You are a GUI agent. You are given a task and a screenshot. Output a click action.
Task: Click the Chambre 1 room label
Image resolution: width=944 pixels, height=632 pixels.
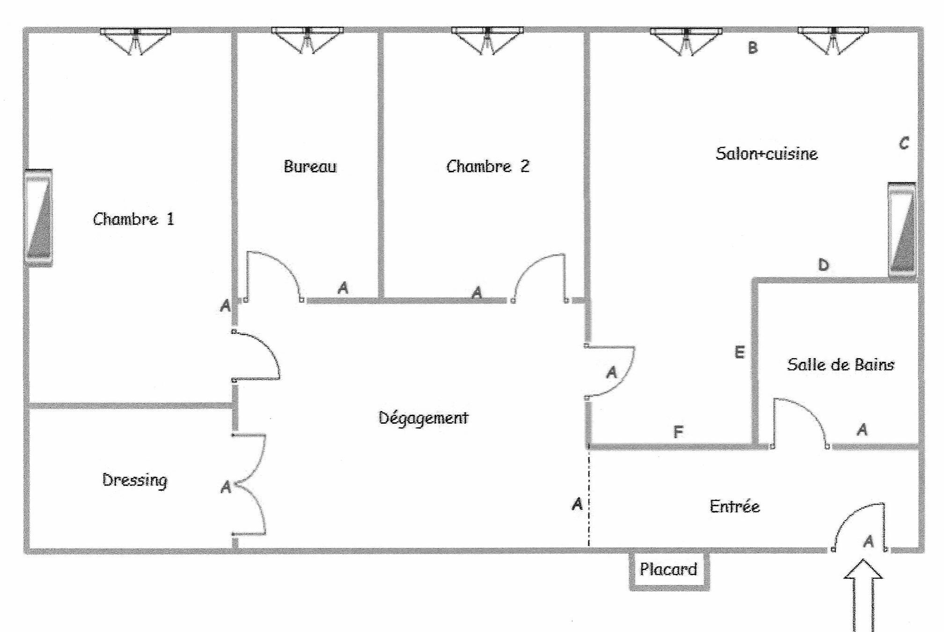[x=133, y=219]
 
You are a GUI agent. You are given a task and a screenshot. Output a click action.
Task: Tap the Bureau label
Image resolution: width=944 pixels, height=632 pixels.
[x=310, y=167]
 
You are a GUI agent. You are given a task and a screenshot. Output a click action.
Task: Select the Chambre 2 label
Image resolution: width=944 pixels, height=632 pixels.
[x=488, y=167]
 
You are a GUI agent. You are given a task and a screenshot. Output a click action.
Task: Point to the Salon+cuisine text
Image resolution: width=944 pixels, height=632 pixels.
[x=767, y=154]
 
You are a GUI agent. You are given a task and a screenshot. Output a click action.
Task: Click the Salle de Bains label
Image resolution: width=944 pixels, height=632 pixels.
[x=840, y=365]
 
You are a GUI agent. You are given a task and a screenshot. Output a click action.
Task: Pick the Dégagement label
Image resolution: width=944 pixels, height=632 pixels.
[x=423, y=418]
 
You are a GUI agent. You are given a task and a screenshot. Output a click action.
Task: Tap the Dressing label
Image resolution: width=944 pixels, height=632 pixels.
[x=135, y=480]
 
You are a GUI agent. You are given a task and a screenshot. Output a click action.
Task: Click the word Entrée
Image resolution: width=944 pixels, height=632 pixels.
[x=734, y=507]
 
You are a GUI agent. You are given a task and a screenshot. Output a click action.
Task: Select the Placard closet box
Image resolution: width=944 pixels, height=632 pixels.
[x=669, y=570]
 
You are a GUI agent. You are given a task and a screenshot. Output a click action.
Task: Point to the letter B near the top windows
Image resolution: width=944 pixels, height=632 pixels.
[x=753, y=48]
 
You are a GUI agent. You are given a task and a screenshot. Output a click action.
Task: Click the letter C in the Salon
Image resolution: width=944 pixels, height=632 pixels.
[x=904, y=143]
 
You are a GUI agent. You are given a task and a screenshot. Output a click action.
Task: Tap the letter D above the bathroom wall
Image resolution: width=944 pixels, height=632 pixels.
[x=823, y=265]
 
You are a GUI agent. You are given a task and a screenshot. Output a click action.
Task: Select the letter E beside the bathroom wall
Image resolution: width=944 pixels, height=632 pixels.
[x=739, y=352]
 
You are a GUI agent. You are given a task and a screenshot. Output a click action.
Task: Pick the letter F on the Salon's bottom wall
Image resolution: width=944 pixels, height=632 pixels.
[x=678, y=432]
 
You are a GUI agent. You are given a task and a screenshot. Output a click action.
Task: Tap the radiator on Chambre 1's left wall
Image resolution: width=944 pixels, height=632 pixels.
[x=38, y=218]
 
